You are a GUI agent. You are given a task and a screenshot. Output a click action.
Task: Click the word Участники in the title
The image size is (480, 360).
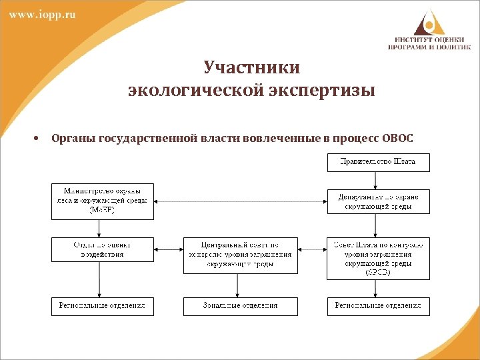[251, 68]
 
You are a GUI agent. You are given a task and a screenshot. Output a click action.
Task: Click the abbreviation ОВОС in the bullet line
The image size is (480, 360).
[398, 139]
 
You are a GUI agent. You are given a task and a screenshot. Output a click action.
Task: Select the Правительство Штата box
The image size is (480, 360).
[378, 162]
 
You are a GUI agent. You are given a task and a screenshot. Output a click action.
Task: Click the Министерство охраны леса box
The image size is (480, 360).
[102, 201]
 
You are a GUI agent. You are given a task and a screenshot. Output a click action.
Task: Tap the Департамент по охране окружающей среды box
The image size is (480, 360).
[378, 201]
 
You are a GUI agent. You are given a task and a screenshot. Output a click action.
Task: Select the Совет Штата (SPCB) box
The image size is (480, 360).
[378, 258]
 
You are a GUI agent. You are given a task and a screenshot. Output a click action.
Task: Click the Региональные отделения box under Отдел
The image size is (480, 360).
[102, 306]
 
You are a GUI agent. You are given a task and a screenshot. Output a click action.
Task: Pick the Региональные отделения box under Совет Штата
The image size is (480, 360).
[378, 306]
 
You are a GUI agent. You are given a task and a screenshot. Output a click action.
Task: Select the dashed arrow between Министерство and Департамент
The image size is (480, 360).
[240, 201]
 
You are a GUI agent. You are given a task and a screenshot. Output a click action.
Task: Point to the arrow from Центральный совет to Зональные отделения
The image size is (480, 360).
[238, 285]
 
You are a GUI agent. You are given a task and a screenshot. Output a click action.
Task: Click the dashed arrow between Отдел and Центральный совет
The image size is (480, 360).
[168, 249]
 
